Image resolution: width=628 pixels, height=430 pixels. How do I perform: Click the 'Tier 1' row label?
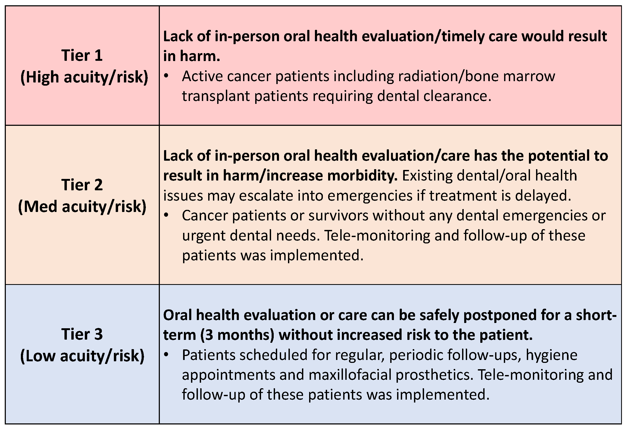82,56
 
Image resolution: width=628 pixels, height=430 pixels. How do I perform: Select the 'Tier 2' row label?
82,185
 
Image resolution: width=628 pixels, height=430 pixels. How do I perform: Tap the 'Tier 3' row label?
82,334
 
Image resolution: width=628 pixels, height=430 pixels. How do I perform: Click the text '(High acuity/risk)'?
84,77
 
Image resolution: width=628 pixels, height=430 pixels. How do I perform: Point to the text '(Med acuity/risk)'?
82,207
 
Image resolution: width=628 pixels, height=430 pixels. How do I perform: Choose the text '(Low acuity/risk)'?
82,356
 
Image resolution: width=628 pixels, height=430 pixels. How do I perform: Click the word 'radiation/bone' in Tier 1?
397,76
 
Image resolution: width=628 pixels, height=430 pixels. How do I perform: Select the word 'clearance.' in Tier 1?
457,96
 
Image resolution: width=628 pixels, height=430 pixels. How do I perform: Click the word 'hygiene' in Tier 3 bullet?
551,355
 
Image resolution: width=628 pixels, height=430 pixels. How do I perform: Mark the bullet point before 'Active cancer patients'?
166,76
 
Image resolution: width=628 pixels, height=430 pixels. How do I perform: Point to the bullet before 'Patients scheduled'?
166,355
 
